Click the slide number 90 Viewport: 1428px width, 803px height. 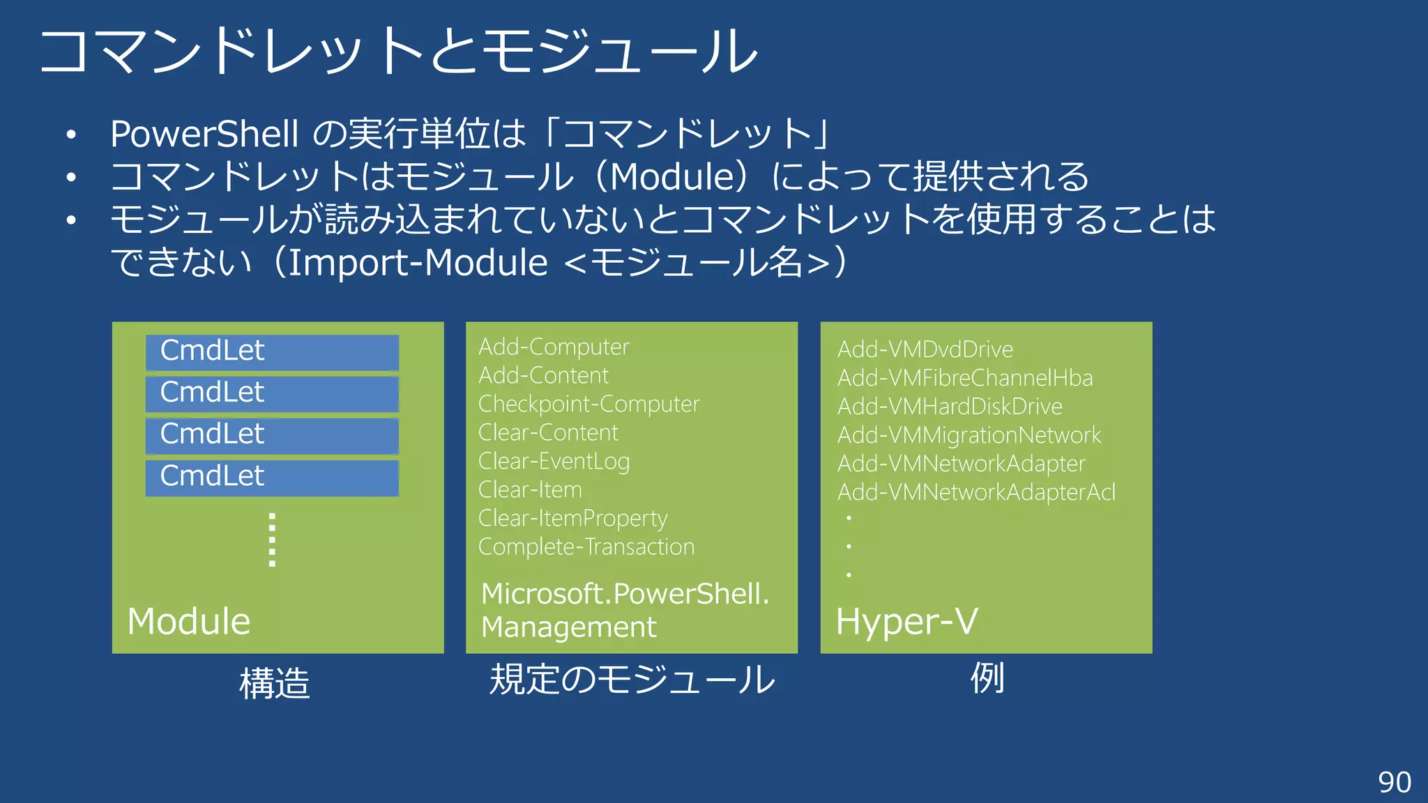click(1395, 782)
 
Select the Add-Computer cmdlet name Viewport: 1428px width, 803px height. click(554, 347)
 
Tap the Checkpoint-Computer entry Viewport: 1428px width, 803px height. click(588, 404)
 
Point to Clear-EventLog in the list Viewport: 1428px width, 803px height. click(554, 461)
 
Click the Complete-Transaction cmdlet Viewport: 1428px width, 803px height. click(586, 547)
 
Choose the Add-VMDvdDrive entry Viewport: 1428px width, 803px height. click(925, 349)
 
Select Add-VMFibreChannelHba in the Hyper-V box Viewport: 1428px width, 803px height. click(965, 378)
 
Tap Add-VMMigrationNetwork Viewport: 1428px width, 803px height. click(969, 435)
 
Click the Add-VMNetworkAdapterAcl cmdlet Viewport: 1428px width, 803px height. click(976, 492)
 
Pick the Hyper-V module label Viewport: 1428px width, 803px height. click(907, 621)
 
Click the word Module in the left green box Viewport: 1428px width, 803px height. click(189, 621)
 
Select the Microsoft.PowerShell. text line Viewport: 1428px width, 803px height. click(625, 594)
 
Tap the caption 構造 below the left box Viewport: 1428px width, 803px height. click(274, 683)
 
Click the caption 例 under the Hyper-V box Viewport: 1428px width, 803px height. click(987, 678)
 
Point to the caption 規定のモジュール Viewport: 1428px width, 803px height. click(632, 680)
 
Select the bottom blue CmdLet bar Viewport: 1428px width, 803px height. click(272, 477)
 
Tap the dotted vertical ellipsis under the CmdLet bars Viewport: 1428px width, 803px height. click(272, 540)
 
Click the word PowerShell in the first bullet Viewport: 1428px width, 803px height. click(204, 134)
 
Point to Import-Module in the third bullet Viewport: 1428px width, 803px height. click(418, 263)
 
